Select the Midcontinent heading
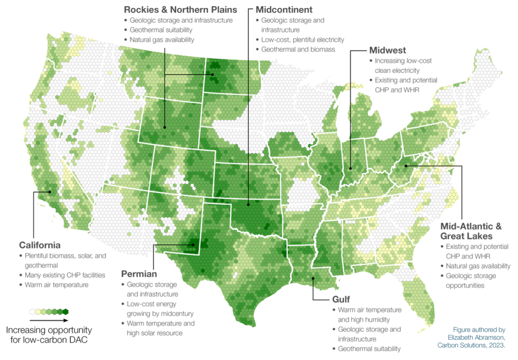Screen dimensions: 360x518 284,9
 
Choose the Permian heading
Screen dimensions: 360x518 139,273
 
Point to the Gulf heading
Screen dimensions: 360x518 340,299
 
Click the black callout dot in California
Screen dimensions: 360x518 50,191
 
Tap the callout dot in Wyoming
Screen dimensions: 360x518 165,127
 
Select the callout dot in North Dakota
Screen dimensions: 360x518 213,74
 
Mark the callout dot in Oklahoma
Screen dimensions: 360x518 248,204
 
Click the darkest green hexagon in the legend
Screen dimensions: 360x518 65,311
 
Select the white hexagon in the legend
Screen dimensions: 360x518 33,311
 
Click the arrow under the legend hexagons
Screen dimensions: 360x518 49,320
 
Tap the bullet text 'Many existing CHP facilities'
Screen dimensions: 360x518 65,275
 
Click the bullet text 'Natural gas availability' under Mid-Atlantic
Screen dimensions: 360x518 478,266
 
